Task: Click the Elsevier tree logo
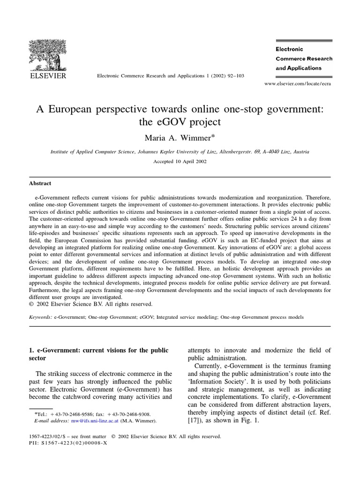48,54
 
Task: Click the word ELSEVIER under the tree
48,75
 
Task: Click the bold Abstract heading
40,183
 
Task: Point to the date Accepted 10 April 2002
180,161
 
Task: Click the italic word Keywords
40,317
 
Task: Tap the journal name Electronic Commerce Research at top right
304,59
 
